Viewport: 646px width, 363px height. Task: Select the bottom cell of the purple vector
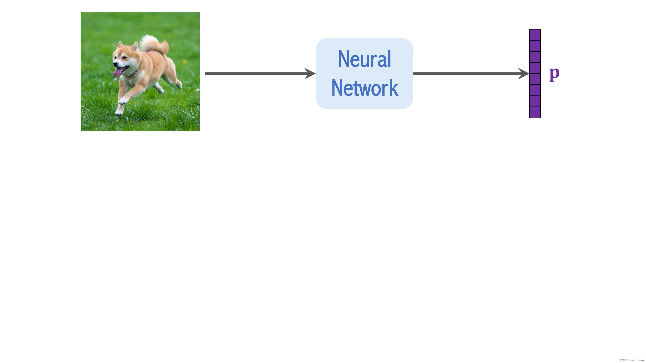coord(535,112)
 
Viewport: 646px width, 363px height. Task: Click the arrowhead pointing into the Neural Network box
coord(310,73)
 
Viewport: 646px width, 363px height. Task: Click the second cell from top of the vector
coord(535,46)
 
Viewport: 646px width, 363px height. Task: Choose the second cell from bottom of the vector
coord(535,101)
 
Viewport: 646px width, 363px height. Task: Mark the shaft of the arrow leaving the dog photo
coord(253,73)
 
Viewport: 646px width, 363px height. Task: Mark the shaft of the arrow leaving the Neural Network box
coord(464,73)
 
